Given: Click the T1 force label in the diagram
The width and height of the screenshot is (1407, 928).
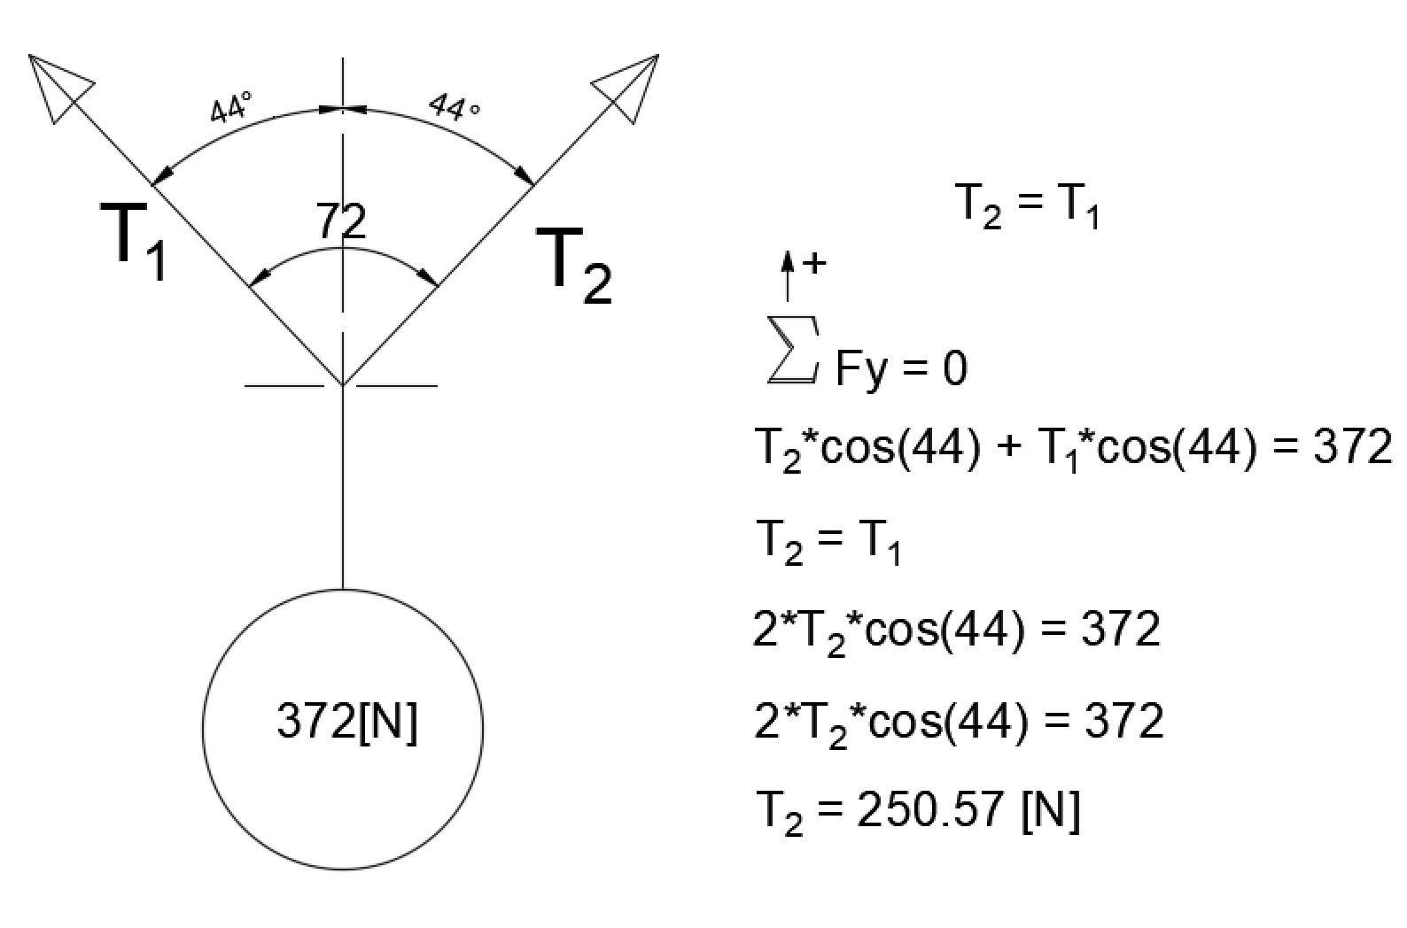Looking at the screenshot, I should pos(140,241).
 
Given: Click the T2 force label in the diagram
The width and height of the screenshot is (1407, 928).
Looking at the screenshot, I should pos(574,266).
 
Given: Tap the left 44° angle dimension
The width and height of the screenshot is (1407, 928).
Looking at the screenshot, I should pos(231,108).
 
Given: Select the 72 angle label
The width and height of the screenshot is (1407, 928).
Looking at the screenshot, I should pos(342,221).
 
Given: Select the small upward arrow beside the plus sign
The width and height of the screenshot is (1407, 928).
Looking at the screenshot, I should pos(786,275).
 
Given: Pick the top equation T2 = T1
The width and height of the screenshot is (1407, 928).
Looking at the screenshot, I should pos(1029,205).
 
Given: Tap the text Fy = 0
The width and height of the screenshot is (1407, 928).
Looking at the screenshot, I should pos(901,368).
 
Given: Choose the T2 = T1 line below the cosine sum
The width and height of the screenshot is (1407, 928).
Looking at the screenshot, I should pos(828,539).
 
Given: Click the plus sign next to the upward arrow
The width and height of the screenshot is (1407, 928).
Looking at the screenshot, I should pos(813,263).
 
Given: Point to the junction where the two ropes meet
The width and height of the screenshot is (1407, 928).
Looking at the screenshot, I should pos(343,385).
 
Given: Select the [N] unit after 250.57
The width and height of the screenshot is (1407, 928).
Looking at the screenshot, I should pos(1051,808).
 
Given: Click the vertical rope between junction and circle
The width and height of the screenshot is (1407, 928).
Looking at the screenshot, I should pos(343,487).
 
